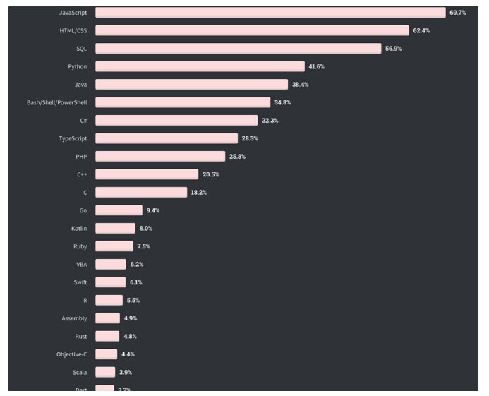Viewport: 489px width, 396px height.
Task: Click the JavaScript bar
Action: (x=270, y=13)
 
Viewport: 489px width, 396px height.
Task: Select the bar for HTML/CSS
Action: (x=252, y=30)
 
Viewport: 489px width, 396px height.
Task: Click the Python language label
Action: (x=78, y=66)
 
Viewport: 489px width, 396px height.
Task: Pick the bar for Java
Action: (x=191, y=85)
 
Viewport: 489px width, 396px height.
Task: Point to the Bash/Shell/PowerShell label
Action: (x=56, y=102)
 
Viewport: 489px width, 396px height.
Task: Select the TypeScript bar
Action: (x=167, y=138)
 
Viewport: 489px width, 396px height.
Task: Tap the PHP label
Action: (x=80, y=156)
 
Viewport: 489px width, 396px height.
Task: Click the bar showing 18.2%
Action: (x=142, y=192)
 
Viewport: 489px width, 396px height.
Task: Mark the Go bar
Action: (x=119, y=210)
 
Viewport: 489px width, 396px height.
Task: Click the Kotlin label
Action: (x=79, y=228)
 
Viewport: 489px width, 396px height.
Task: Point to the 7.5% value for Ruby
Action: (x=143, y=246)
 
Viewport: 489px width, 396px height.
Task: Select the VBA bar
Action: (x=111, y=264)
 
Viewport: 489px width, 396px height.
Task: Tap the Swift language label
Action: (x=79, y=282)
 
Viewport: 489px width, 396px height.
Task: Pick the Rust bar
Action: (x=107, y=336)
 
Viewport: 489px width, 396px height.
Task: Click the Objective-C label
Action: (x=71, y=354)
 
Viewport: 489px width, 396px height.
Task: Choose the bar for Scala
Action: (x=105, y=372)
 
